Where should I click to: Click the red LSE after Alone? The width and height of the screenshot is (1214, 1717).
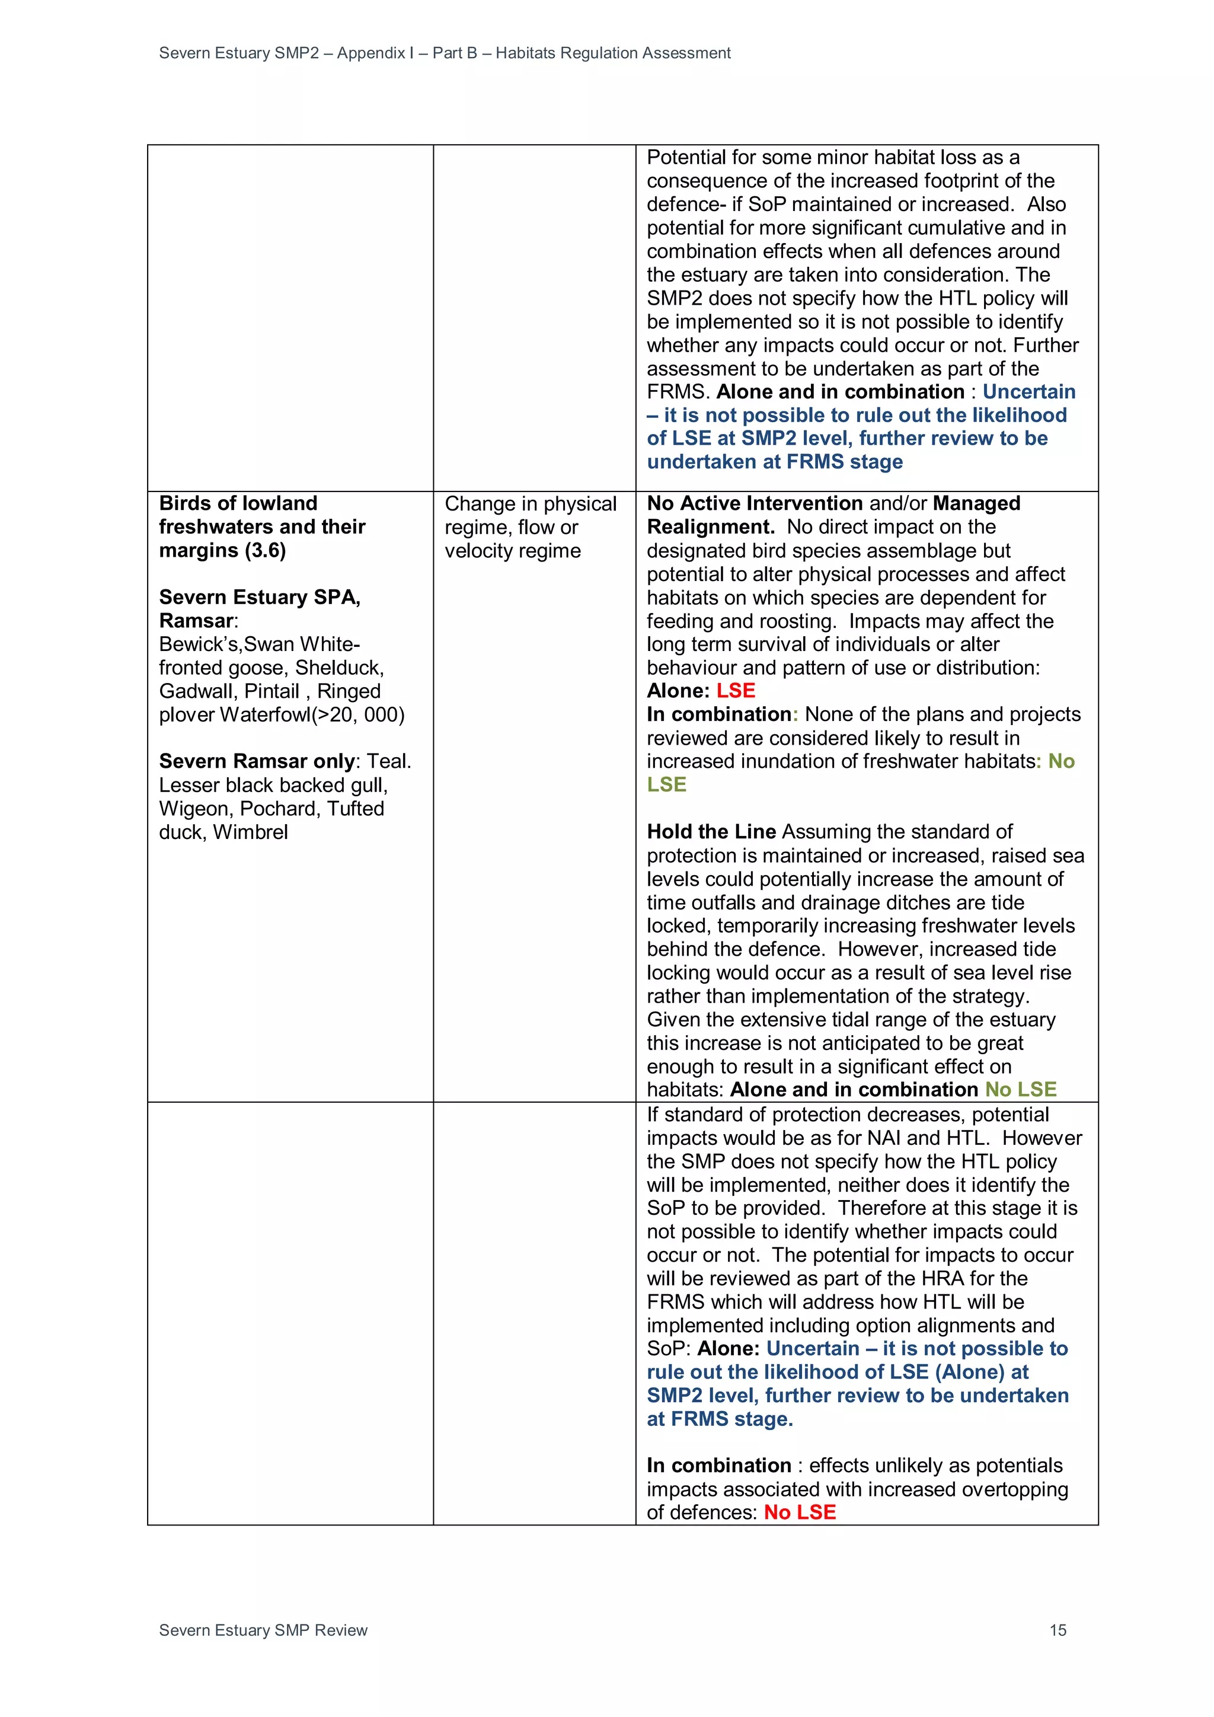click(736, 690)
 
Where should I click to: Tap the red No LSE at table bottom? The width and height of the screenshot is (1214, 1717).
click(799, 1512)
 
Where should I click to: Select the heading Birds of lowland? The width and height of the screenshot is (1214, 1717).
click(238, 503)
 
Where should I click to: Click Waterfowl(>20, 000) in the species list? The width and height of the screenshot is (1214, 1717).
click(312, 714)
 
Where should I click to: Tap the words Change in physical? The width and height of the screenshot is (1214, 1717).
click(530, 504)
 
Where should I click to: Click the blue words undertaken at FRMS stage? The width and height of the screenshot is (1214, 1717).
click(774, 461)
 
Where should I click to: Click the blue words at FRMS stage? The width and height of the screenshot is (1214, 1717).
click(719, 1419)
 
